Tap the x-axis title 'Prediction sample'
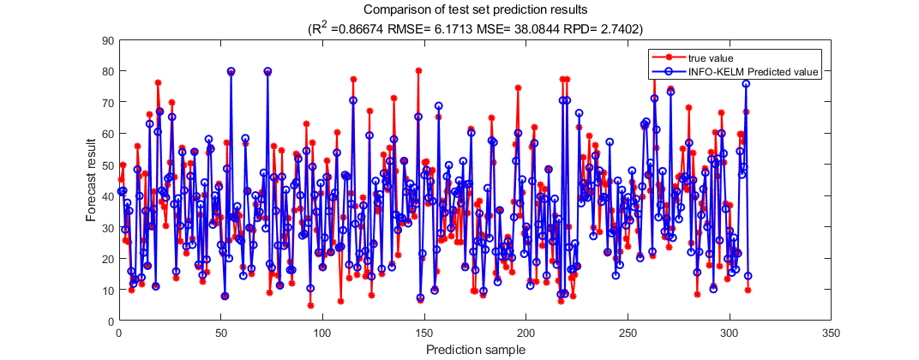click(x=474, y=349)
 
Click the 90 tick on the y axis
click(x=108, y=39)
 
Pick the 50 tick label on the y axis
click(x=108, y=165)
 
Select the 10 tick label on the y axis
click(x=108, y=290)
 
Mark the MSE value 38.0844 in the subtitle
click(x=540, y=29)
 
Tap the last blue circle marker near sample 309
click(x=748, y=276)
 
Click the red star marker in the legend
click(x=669, y=57)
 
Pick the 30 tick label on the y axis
click(x=108, y=227)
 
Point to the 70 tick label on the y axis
click(x=108, y=102)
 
